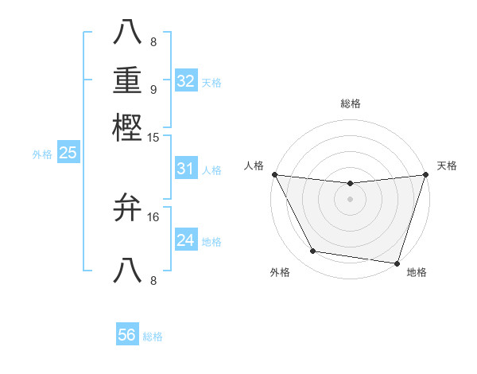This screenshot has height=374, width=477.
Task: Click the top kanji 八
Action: pyautogui.click(x=128, y=31)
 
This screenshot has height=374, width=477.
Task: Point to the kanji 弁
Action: pyautogui.click(x=128, y=208)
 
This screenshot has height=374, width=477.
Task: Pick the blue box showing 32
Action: pyautogui.click(x=186, y=81)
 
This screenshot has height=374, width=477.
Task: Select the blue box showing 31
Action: pyautogui.click(x=186, y=169)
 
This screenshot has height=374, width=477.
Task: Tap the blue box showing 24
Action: pyautogui.click(x=186, y=240)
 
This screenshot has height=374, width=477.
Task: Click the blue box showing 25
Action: pyautogui.click(x=68, y=153)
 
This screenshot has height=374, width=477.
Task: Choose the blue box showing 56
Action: pyautogui.click(x=127, y=335)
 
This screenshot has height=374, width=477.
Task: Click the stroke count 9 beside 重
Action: pyautogui.click(x=153, y=89)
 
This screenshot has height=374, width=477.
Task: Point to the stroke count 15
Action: pyautogui.click(x=153, y=138)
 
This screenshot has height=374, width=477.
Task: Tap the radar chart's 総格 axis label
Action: pyautogui.click(x=350, y=103)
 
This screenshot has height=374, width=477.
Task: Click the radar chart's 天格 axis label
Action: pyautogui.click(x=447, y=166)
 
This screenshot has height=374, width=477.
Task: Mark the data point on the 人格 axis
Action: pyautogui.click(x=274, y=174)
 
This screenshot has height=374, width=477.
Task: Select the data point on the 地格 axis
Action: pyautogui.click(x=397, y=263)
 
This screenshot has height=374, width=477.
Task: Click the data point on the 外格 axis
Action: pyautogui.click(x=313, y=251)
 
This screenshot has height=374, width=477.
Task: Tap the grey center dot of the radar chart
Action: pyautogui.click(x=350, y=199)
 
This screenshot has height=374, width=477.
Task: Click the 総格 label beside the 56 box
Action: pyautogui.click(x=153, y=337)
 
